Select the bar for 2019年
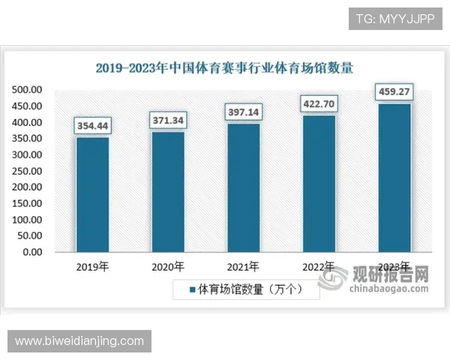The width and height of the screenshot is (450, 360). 92,194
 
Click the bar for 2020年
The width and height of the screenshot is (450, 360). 168,191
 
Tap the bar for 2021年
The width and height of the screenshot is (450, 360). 243,187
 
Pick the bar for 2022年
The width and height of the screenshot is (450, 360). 318,183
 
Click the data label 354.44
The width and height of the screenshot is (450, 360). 92,125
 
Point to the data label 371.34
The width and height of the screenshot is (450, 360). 168,120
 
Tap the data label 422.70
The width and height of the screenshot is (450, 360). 318,103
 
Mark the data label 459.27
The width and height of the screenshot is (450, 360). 394,92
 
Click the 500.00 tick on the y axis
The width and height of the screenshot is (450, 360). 27,90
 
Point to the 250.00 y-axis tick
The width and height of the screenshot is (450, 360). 27,171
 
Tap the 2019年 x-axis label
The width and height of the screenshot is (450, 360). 92,267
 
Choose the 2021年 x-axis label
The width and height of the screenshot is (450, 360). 243,267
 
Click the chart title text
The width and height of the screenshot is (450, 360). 225,67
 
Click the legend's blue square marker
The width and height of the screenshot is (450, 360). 192,289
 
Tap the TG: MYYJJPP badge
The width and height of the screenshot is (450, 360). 394,18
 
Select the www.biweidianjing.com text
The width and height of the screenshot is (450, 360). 79,341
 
